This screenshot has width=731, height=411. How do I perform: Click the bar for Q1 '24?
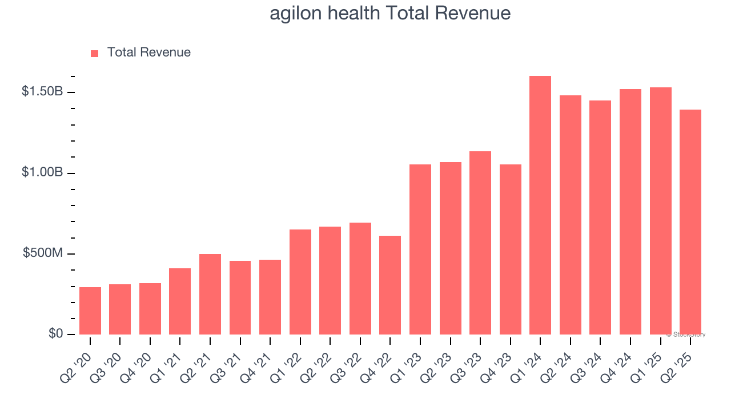point(540,205)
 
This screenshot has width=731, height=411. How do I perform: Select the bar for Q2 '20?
point(90,311)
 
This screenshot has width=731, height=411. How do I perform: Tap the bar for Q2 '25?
point(690,222)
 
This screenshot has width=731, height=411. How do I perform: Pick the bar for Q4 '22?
point(390,285)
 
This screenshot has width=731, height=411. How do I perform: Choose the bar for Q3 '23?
point(480,243)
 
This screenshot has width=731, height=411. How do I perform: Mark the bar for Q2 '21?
point(210,295)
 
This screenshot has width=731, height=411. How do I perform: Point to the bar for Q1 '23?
point(420,249)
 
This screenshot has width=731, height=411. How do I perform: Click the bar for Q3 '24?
point(600,217)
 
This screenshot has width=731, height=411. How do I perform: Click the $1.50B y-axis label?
point(42,91)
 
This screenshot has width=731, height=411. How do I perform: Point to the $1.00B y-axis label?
point(42,172)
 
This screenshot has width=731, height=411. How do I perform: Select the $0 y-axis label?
point(55,333)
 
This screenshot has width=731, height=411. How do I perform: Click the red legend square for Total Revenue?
point(95,53)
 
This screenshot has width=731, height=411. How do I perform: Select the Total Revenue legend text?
point(149,53)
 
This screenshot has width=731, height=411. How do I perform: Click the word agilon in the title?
point(295,13)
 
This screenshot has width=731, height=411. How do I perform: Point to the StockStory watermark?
point(685,335)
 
